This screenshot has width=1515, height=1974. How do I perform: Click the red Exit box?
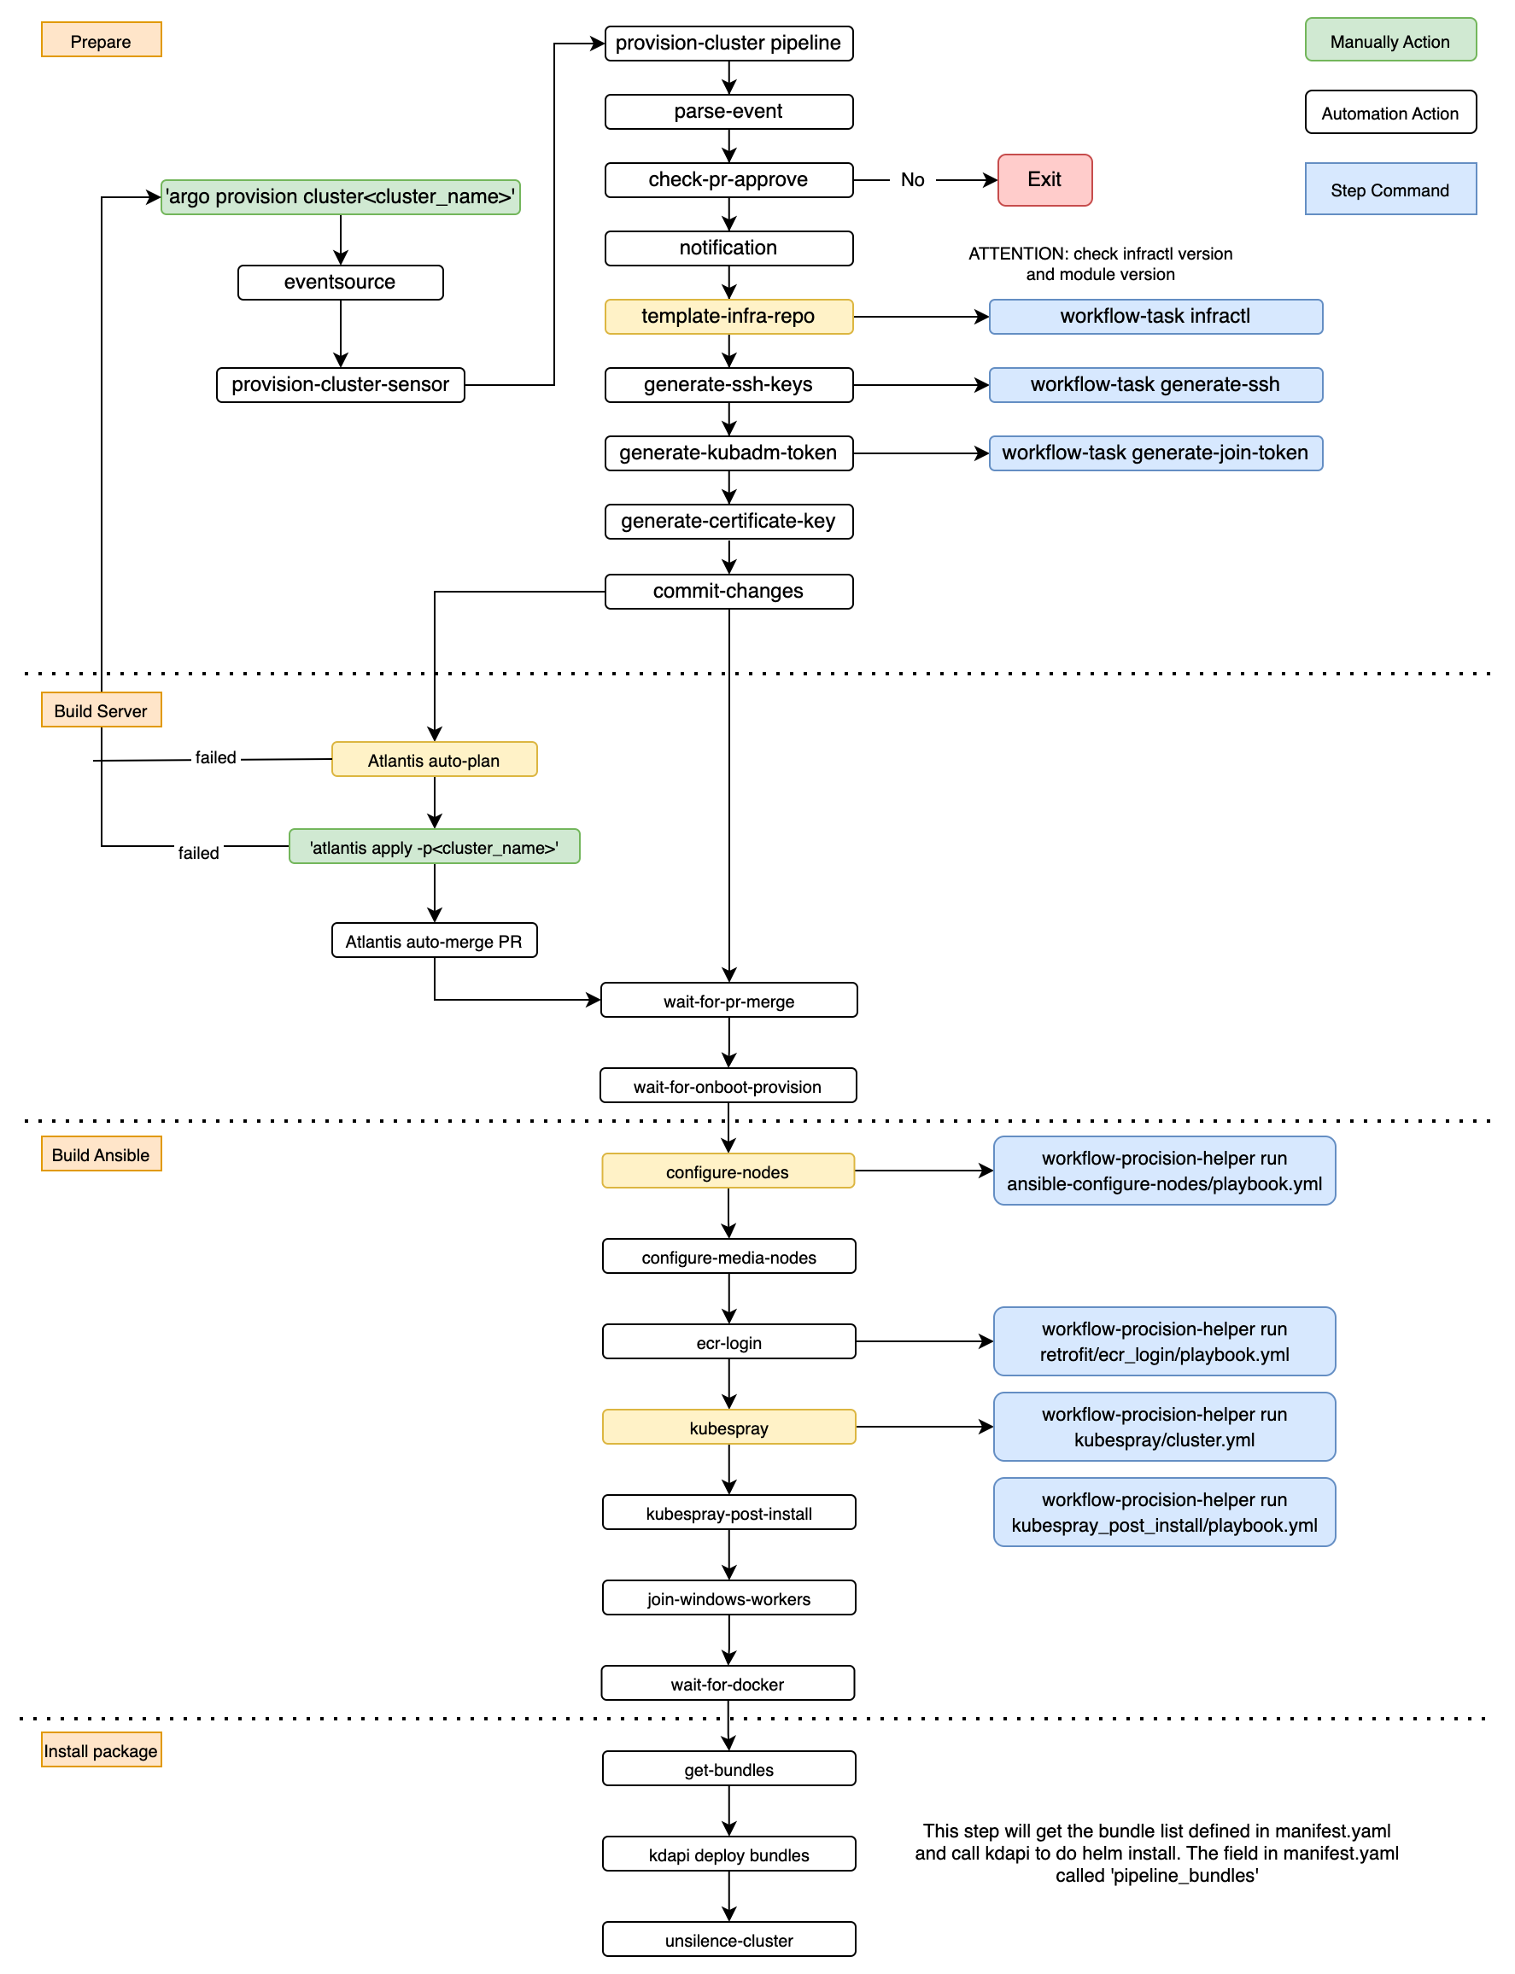click(x=1044, y=180)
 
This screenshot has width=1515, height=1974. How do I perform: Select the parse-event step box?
click(x=728, y=112)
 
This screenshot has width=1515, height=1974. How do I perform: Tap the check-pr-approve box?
click(x=728, y=180)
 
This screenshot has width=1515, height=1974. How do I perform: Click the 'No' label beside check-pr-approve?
click(x=913, y=180)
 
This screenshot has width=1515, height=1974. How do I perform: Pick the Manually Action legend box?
click(x=1390, y=39)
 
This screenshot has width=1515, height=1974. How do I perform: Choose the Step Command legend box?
click(x=1390, y=190)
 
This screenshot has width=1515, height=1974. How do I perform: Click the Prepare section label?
click(x=101, y=39)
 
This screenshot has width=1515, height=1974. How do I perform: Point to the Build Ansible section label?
click(x=101, y=1153)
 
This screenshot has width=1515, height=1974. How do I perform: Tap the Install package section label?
click(x=101, y=1750)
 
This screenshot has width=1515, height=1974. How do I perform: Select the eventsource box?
click(x=341, y=282)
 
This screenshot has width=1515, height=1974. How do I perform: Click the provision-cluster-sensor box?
click(x=341, y=385)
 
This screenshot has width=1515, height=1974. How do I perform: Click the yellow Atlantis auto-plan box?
click(x=435, y=759)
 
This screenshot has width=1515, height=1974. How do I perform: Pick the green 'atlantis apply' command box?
click(x=435, y=846)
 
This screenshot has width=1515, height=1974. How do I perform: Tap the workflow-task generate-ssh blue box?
click(x=1156, y=385)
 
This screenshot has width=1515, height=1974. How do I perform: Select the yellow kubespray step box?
click(x=728, y=1427)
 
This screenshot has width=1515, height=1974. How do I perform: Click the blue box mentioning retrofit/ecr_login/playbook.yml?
click(x=1164, y=1341)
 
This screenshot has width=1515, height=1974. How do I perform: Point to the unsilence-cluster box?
click(x=728, y=1939)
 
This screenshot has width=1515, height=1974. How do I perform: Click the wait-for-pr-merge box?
click(x=728, y=1000)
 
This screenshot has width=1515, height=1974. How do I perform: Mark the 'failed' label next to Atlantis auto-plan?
click(x=215, y=758)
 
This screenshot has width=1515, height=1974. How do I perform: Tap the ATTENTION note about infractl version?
click(x=1100, y=264)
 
